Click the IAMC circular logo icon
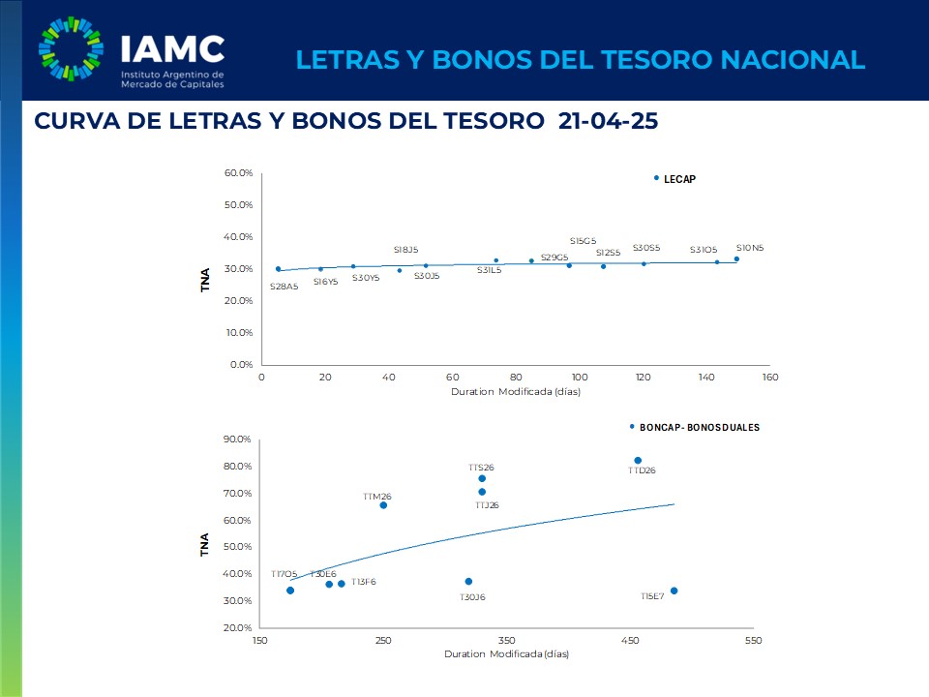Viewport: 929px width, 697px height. (71, 48)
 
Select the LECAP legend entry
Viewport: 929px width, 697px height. (679, 179)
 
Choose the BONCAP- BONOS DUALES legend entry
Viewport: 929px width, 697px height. (699, 427)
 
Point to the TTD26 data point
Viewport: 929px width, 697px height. (638, 461)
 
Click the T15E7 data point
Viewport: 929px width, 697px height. (674, 591)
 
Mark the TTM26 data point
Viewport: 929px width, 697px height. (383, 505)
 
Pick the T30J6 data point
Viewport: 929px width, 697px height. (468, 582)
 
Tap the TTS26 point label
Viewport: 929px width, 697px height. (481, 468)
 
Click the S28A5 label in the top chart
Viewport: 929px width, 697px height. (284, 287)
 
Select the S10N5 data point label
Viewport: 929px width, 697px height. (750, 248)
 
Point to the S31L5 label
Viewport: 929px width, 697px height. (489, 270)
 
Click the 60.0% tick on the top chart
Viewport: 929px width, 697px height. (238, 173)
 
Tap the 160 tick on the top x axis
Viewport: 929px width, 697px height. (770, 377)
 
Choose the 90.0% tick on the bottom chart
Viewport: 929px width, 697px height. (238, 439)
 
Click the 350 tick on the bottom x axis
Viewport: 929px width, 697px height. (506, 641)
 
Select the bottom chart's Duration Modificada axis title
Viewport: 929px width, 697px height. (506, 654)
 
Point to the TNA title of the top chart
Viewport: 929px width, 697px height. (205, 280)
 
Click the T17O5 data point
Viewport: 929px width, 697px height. (290, 591)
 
